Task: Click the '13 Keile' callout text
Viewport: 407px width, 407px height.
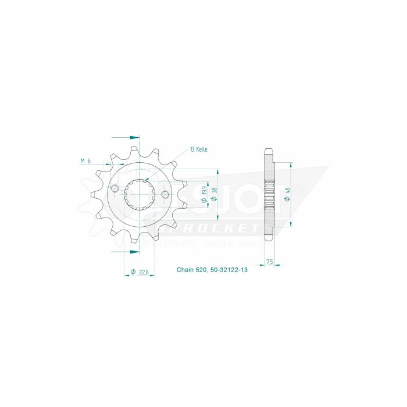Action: point(198,149)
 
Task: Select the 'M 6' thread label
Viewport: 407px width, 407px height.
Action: point(85,161)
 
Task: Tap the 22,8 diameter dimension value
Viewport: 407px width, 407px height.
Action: point(141,271)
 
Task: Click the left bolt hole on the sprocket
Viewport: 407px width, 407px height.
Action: point(115,189)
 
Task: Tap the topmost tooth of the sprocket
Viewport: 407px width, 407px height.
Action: point(134,149)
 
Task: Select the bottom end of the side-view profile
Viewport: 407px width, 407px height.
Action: point(269,241)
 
